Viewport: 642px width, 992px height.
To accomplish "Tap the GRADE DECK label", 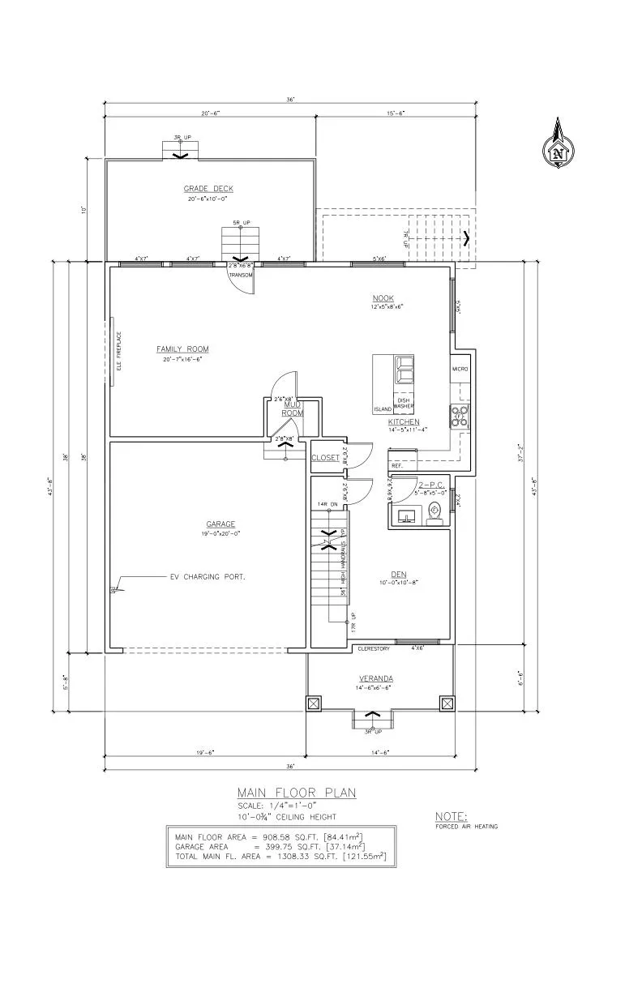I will [208, 189].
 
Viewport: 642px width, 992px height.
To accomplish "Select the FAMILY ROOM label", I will [182, 349].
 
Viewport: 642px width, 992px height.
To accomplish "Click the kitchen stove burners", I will [460, 417].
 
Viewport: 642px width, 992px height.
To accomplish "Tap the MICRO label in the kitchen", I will [460, 370].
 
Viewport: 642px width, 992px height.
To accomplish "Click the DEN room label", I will [397, 574].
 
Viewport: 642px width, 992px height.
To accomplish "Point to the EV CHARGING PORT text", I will [207, 577].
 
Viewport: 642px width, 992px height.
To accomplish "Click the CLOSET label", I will [325, 458].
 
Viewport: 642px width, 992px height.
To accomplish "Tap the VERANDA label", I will [377, 678].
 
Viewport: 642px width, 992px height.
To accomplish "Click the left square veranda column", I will [315, 703].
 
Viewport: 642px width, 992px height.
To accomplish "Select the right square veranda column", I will [446, 703].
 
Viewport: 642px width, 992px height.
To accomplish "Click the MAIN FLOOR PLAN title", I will [296, 793].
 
